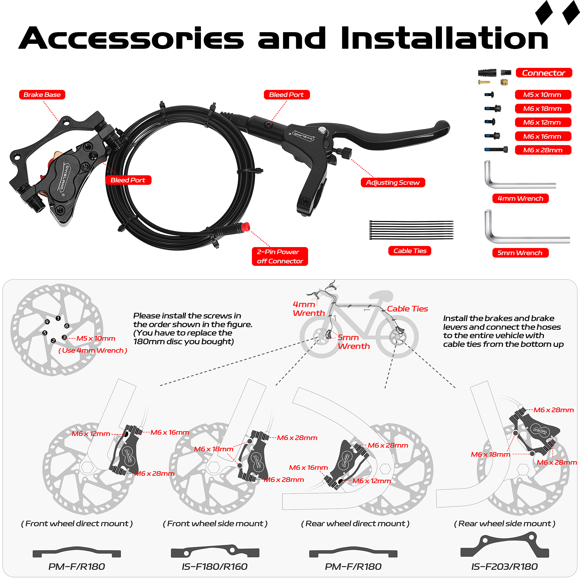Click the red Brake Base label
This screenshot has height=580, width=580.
click(x=42, y=95)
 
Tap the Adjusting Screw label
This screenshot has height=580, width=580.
click(x=393, y=182)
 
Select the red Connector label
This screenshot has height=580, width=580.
click(x=544, y=73)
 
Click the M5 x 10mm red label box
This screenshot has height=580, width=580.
click(x=543, y=95)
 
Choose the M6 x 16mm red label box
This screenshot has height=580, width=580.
click(x=543, y=136)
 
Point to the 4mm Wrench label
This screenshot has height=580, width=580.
click(x=520, y=198)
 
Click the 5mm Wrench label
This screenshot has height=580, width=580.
click(x=520, y=253)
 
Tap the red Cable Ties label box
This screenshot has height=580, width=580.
click(x=410, y=251)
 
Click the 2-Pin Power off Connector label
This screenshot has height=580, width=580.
click(x=280, y=256)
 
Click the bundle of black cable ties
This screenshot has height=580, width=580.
click(x=411, y=230)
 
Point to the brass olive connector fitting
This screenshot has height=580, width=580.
click(x=504, y=82)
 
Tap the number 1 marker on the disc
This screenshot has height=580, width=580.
click(x=58, y=318)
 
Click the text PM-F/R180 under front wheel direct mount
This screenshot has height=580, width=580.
click(x=77, y=566)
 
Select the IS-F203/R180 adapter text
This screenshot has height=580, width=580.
click(x=504, y=566)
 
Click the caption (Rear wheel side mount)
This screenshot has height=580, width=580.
click(x=504, y=523)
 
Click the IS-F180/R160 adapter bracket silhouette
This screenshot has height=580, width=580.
click(x=215, y=551)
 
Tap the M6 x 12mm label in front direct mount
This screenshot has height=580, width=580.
click(x=91, y=434)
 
